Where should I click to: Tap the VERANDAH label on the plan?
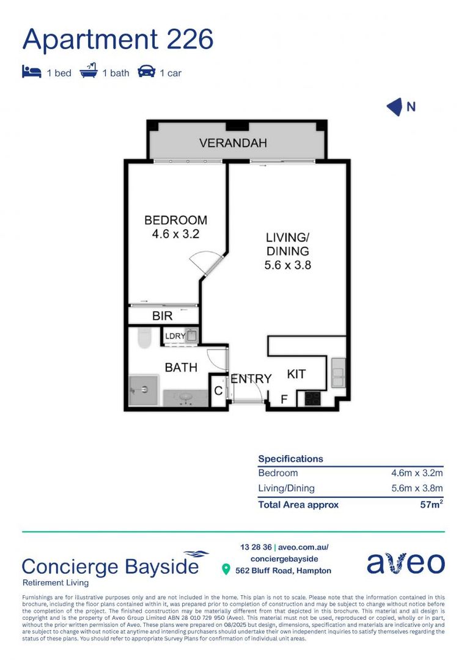pyautogui.click(x=233, y=144)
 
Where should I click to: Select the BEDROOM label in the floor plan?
pyautogui.click(x=175, y=220)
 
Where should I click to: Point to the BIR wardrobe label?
pyautogui.click(x=162, y=316)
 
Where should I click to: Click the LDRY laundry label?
pyautogui.click(x=174, y=336)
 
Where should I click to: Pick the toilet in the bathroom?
pyautogui.click(x=144, y=338)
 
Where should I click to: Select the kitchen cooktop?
pyautogui.click(x=312, y=398)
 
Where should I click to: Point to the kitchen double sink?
pyautogui.click(x=337, y=373)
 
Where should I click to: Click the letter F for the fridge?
pyautogui.click(x=284, y=400)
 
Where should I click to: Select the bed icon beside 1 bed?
pyautogui.click(x=32, y=72)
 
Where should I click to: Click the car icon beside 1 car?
pyautogui.click(x=147, y=72)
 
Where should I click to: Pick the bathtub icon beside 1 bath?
pyautogui.click(x=89, y=72)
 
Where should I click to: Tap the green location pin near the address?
pyautogui.click(x=226, y=570)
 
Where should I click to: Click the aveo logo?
pyautogui.click(x=405, y=563)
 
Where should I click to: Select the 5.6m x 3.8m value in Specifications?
pyautogui.click(x=417, y=488)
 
